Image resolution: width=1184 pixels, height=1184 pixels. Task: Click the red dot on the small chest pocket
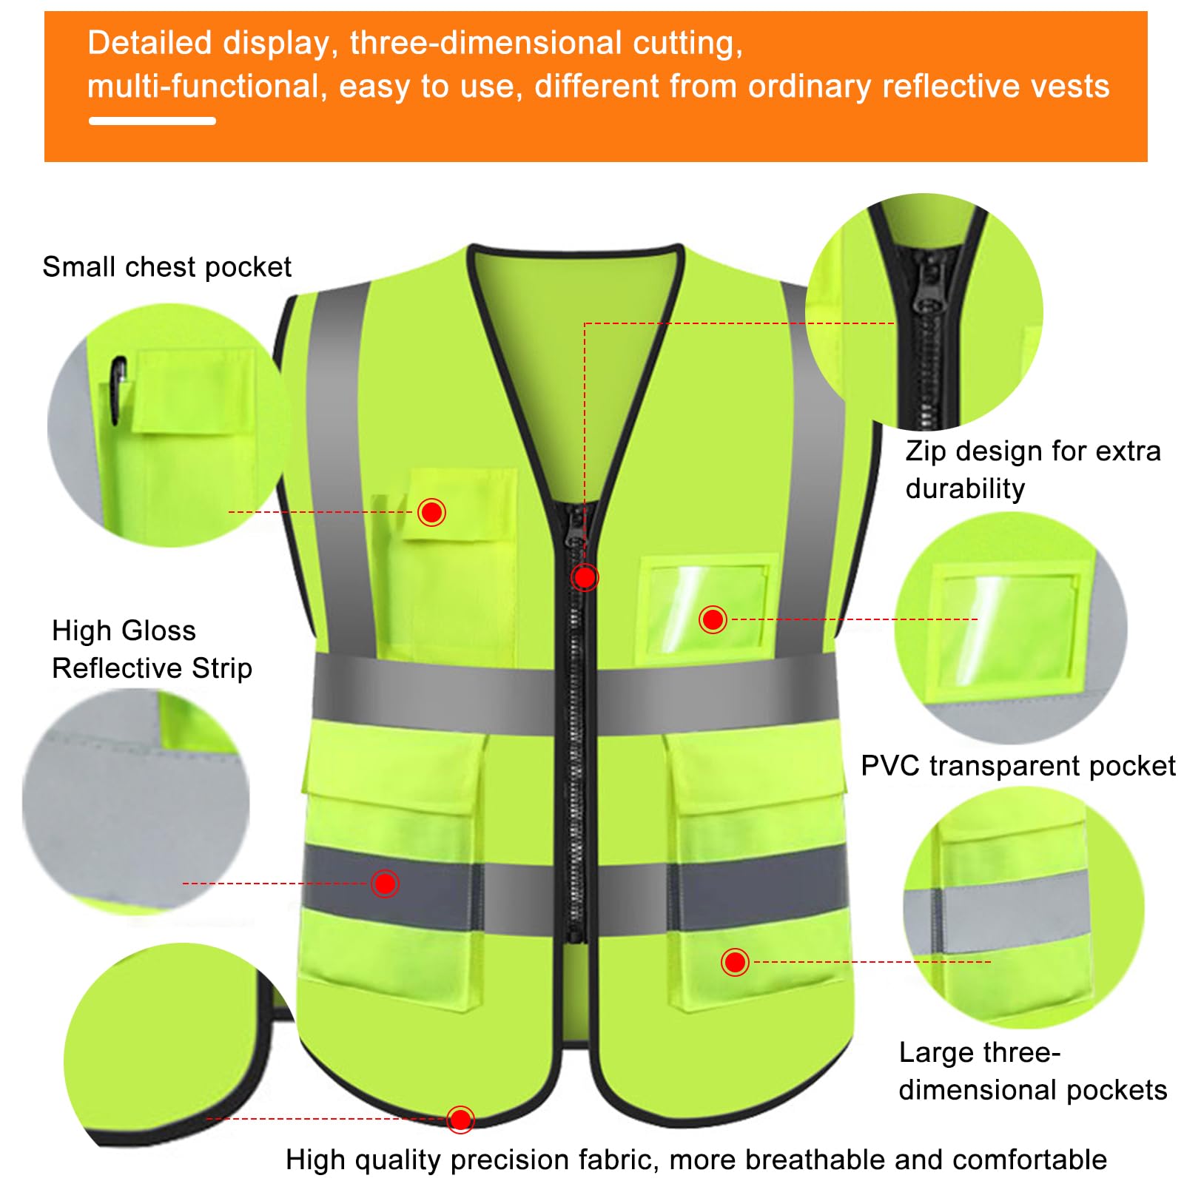pyautogui.click(x=431, y=512)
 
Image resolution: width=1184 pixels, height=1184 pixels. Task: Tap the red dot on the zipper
pyautogui.click(x=585, y=577)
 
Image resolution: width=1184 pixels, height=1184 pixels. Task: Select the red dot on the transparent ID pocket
pyautogui.click(x=713, y=619)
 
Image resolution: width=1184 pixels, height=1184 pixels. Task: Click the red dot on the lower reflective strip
pyautogui.click(x=385, y=884)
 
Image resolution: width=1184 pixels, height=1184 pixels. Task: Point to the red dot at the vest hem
pyautogui.click(x=460, y=1119)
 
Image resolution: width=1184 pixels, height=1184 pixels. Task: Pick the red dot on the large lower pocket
pyautogui.click(x=735, y=962)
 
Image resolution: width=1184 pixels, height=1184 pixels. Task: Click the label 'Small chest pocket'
pyautogui.click(x=166, y=267)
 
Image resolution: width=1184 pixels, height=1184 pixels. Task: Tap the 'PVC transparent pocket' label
pyautogui.click(x=1017, y=766)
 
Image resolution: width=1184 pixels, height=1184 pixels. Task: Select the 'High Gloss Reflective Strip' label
pyautogui.click(x=152, y=649)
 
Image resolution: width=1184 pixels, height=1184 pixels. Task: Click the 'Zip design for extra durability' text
pyautogui.click(x=1032, y=469)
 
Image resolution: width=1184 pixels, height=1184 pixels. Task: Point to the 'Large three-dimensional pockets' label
pyautogui.click(x=1032, y=1071)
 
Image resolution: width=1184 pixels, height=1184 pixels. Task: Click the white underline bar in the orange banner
pyautogui.click(x=152, y=121)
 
